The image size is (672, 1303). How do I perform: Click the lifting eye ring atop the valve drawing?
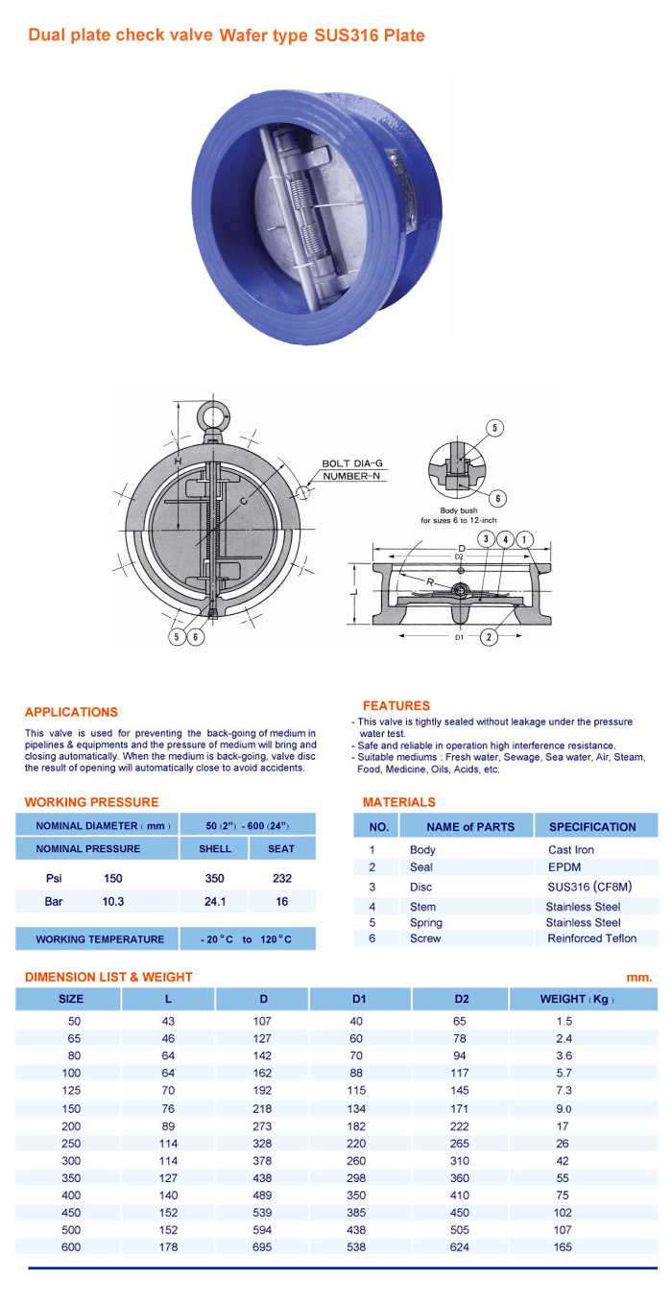point(209,415)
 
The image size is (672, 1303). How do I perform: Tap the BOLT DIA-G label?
point(351,463)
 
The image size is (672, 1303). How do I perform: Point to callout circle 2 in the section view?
point(490,636)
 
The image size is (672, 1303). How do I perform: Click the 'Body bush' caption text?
point(459,510)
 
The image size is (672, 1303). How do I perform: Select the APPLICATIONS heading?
point(71,712)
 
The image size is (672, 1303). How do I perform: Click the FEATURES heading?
point(396,705)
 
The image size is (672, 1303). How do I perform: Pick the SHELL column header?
point(215,848)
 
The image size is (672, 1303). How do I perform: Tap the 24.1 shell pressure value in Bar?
point(215,902)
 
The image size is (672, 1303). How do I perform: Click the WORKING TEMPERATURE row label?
point(100,939)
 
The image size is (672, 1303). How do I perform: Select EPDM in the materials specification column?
point(564,867)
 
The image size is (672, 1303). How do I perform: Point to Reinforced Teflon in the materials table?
point(591,938)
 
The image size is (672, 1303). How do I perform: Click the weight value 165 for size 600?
point(563,1246)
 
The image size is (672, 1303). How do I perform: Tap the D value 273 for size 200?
point(262,1125)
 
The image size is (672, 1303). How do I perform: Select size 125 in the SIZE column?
point(71,1091)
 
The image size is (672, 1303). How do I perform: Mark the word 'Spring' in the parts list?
point(426,922)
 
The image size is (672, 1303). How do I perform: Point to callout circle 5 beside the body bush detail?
point(495,428)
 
